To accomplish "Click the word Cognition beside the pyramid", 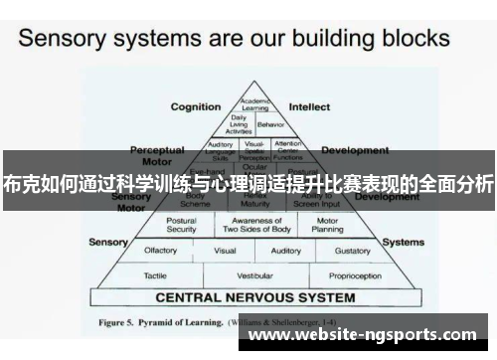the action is (x=196, y=106).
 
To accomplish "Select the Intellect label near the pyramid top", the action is (x=309, y=106).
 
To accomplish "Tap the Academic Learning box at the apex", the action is (x=254, y=105).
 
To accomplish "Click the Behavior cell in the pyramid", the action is (x=269, y=126).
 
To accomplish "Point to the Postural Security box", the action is (x=181, y=225).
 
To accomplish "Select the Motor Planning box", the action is (x=328, y=225).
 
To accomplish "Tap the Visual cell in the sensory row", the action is (x=225, y=251).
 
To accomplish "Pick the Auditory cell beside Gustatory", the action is (x=286, y=251).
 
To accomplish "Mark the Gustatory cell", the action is (x=353, y=251).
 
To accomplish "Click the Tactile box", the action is (x=154, y=274).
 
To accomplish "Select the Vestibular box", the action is (x=254, y=274).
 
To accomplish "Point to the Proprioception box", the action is (x=355, y=274).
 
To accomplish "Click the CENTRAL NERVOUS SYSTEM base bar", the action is (x=254, y=297).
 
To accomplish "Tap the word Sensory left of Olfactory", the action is (x=108, y=242).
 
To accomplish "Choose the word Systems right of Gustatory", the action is (x=404, y=242).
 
